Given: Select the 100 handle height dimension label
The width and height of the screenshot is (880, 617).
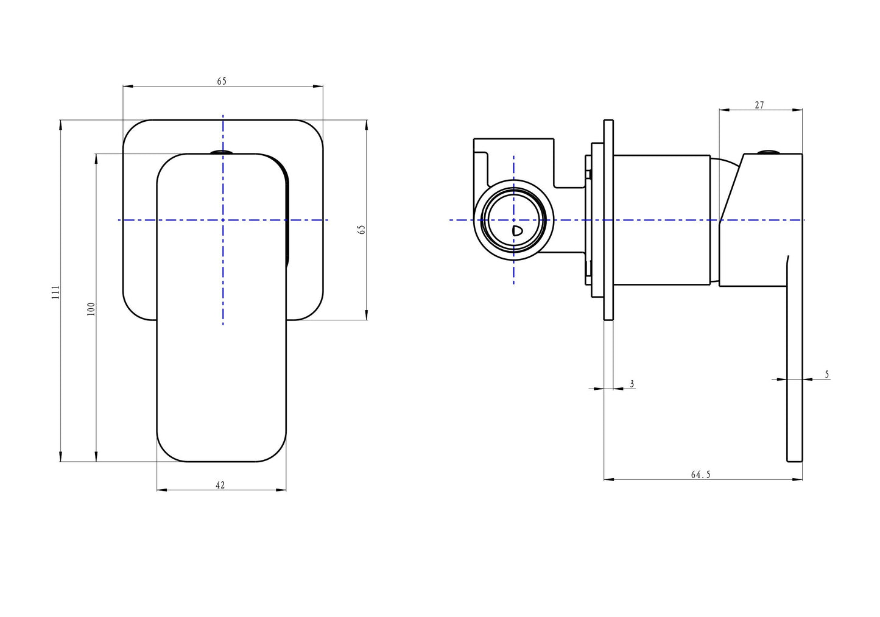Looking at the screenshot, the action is [x=91, y=309].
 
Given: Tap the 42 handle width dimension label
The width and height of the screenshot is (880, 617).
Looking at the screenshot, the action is [x=220, y=485].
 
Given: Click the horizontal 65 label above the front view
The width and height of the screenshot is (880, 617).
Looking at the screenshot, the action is [x=222, y=82].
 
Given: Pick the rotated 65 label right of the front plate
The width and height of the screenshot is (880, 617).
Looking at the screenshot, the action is [x=362, y=230].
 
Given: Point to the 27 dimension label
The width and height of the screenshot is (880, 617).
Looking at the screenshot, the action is [x=759, y=105].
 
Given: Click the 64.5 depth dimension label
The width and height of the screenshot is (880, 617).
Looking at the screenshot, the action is [x=701, y=474].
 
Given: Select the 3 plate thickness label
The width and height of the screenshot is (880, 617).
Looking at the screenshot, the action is [x=632, y=384].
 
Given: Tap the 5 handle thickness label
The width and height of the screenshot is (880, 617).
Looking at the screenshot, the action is [x=826, y=374].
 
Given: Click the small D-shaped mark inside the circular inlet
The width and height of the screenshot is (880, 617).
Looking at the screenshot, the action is [x=517, y=231].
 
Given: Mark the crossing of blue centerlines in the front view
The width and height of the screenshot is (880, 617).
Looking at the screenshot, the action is [x=223, y=220].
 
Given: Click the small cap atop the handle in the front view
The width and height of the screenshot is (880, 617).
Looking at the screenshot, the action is [x=222, y=152].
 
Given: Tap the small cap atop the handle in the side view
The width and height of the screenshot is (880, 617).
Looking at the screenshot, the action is [x=766, y=152].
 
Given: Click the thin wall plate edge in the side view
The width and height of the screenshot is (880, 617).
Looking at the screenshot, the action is [x=608, y=220].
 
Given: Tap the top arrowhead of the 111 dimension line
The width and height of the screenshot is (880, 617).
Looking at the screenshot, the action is [x=60, y=125].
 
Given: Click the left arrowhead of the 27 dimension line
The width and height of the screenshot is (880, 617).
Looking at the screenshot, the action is [x=725, y=110].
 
